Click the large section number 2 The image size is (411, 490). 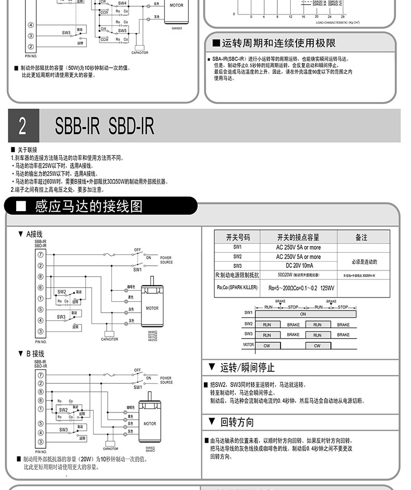click(22, 126)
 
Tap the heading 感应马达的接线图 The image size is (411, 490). click(88, 207)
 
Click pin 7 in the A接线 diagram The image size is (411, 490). click(40, 255)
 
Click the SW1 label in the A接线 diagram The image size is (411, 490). click(137, 270)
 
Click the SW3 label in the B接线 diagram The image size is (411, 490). click(63, 430)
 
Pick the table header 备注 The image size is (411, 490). click(362, 237)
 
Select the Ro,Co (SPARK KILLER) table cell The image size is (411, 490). click(237, 287)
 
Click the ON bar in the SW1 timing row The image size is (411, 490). click(303, 314)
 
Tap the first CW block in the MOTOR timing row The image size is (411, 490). click(267, 345)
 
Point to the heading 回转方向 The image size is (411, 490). click(237, 422)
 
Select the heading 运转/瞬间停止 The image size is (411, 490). click(247, 368)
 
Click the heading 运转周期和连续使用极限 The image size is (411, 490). click(278, 43)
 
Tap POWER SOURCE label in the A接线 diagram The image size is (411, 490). click(166, 260)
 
